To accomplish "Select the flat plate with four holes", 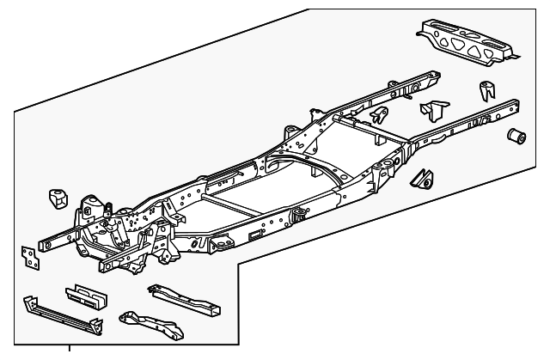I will [29, 257].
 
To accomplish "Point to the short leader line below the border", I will [69, 347].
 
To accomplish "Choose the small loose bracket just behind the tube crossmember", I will [378, 116].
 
